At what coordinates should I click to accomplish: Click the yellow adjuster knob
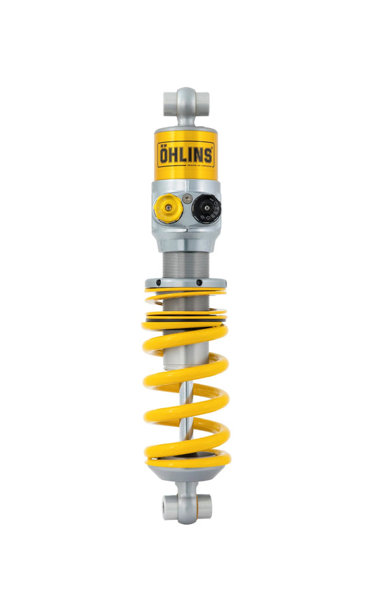pyautogui.click(x=168, y=208)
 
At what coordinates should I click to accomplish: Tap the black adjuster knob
pyautogui.click(x=206, y=208)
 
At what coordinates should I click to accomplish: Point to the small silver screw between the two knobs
pyautogui.click(x=187, y=199)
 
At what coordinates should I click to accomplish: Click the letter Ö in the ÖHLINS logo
pyautogui.click(x=164, y=155)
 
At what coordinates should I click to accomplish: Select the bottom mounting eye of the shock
pyautogui.click(x=187, y=506)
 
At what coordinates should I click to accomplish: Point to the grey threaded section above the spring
pyautogui.click(x=185, y=263)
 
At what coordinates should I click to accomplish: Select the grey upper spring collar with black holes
pyautogui.click(x=185, y=283)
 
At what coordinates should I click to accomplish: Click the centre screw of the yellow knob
pyautogui.click(x=168, y=208)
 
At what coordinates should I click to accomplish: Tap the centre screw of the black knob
pyautogui.click(x=206, y=208)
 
